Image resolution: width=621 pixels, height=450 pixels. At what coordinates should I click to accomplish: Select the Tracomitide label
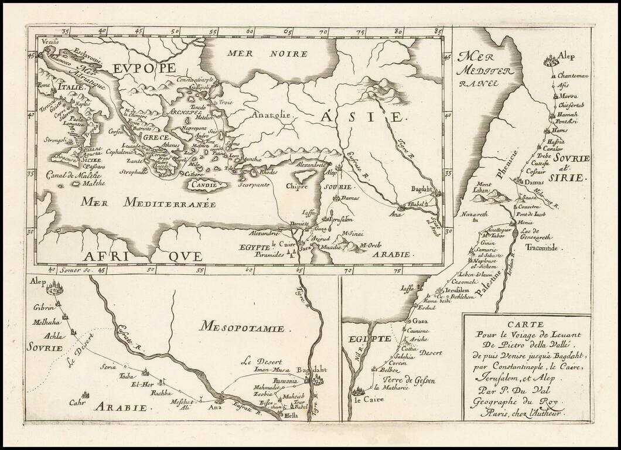tap(542, 248)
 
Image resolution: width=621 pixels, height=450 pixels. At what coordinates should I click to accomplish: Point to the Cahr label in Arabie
tap(78, 402)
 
